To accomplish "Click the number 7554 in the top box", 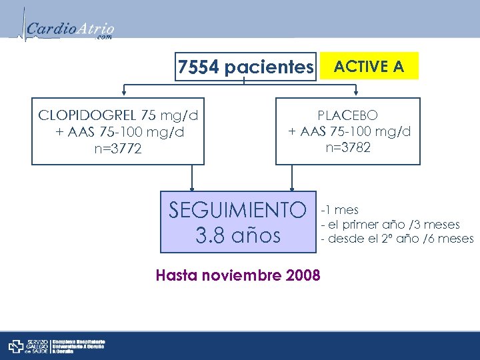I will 199,67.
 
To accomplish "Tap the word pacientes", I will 269,67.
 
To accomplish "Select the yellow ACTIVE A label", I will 369,66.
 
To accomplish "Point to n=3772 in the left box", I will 118,149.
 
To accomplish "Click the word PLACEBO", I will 348,116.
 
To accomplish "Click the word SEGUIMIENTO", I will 237,211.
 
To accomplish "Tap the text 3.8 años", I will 237,235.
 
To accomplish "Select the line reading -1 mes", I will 340,211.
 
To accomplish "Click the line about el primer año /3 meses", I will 390,225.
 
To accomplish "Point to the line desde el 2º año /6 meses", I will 397,239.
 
